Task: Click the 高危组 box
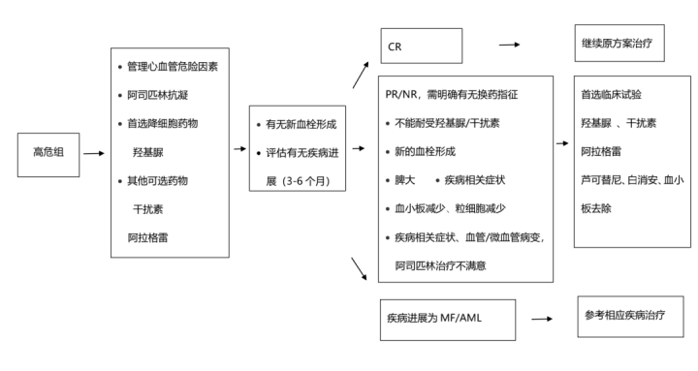coord(48,153)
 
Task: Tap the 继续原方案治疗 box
coord(619,44)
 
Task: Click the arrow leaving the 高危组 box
coord(94,153)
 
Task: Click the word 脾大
coord(406,180)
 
